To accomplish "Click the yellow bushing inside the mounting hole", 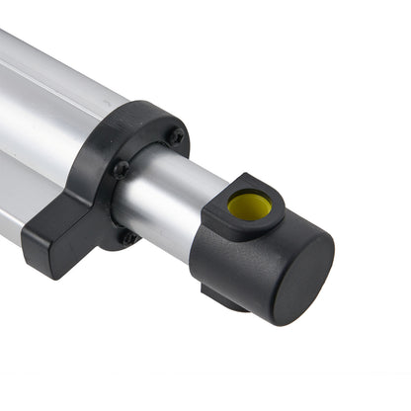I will coord(249,205).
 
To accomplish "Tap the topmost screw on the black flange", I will coord(176,136).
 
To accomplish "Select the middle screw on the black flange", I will coord(122,169).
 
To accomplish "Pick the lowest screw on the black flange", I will coord(126,237).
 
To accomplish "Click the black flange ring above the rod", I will coord(148,123).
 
